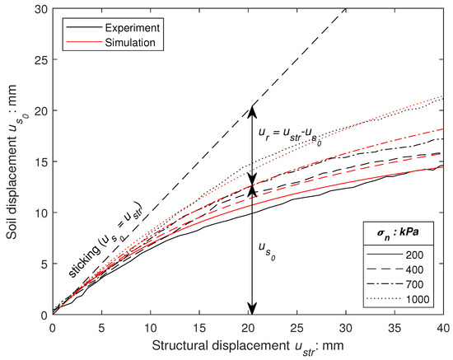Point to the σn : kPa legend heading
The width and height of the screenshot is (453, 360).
[x=400, y=237]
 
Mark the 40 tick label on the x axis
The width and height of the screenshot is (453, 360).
[x=443, y=327]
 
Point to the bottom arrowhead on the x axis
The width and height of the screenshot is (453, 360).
[x=253, y=308]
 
